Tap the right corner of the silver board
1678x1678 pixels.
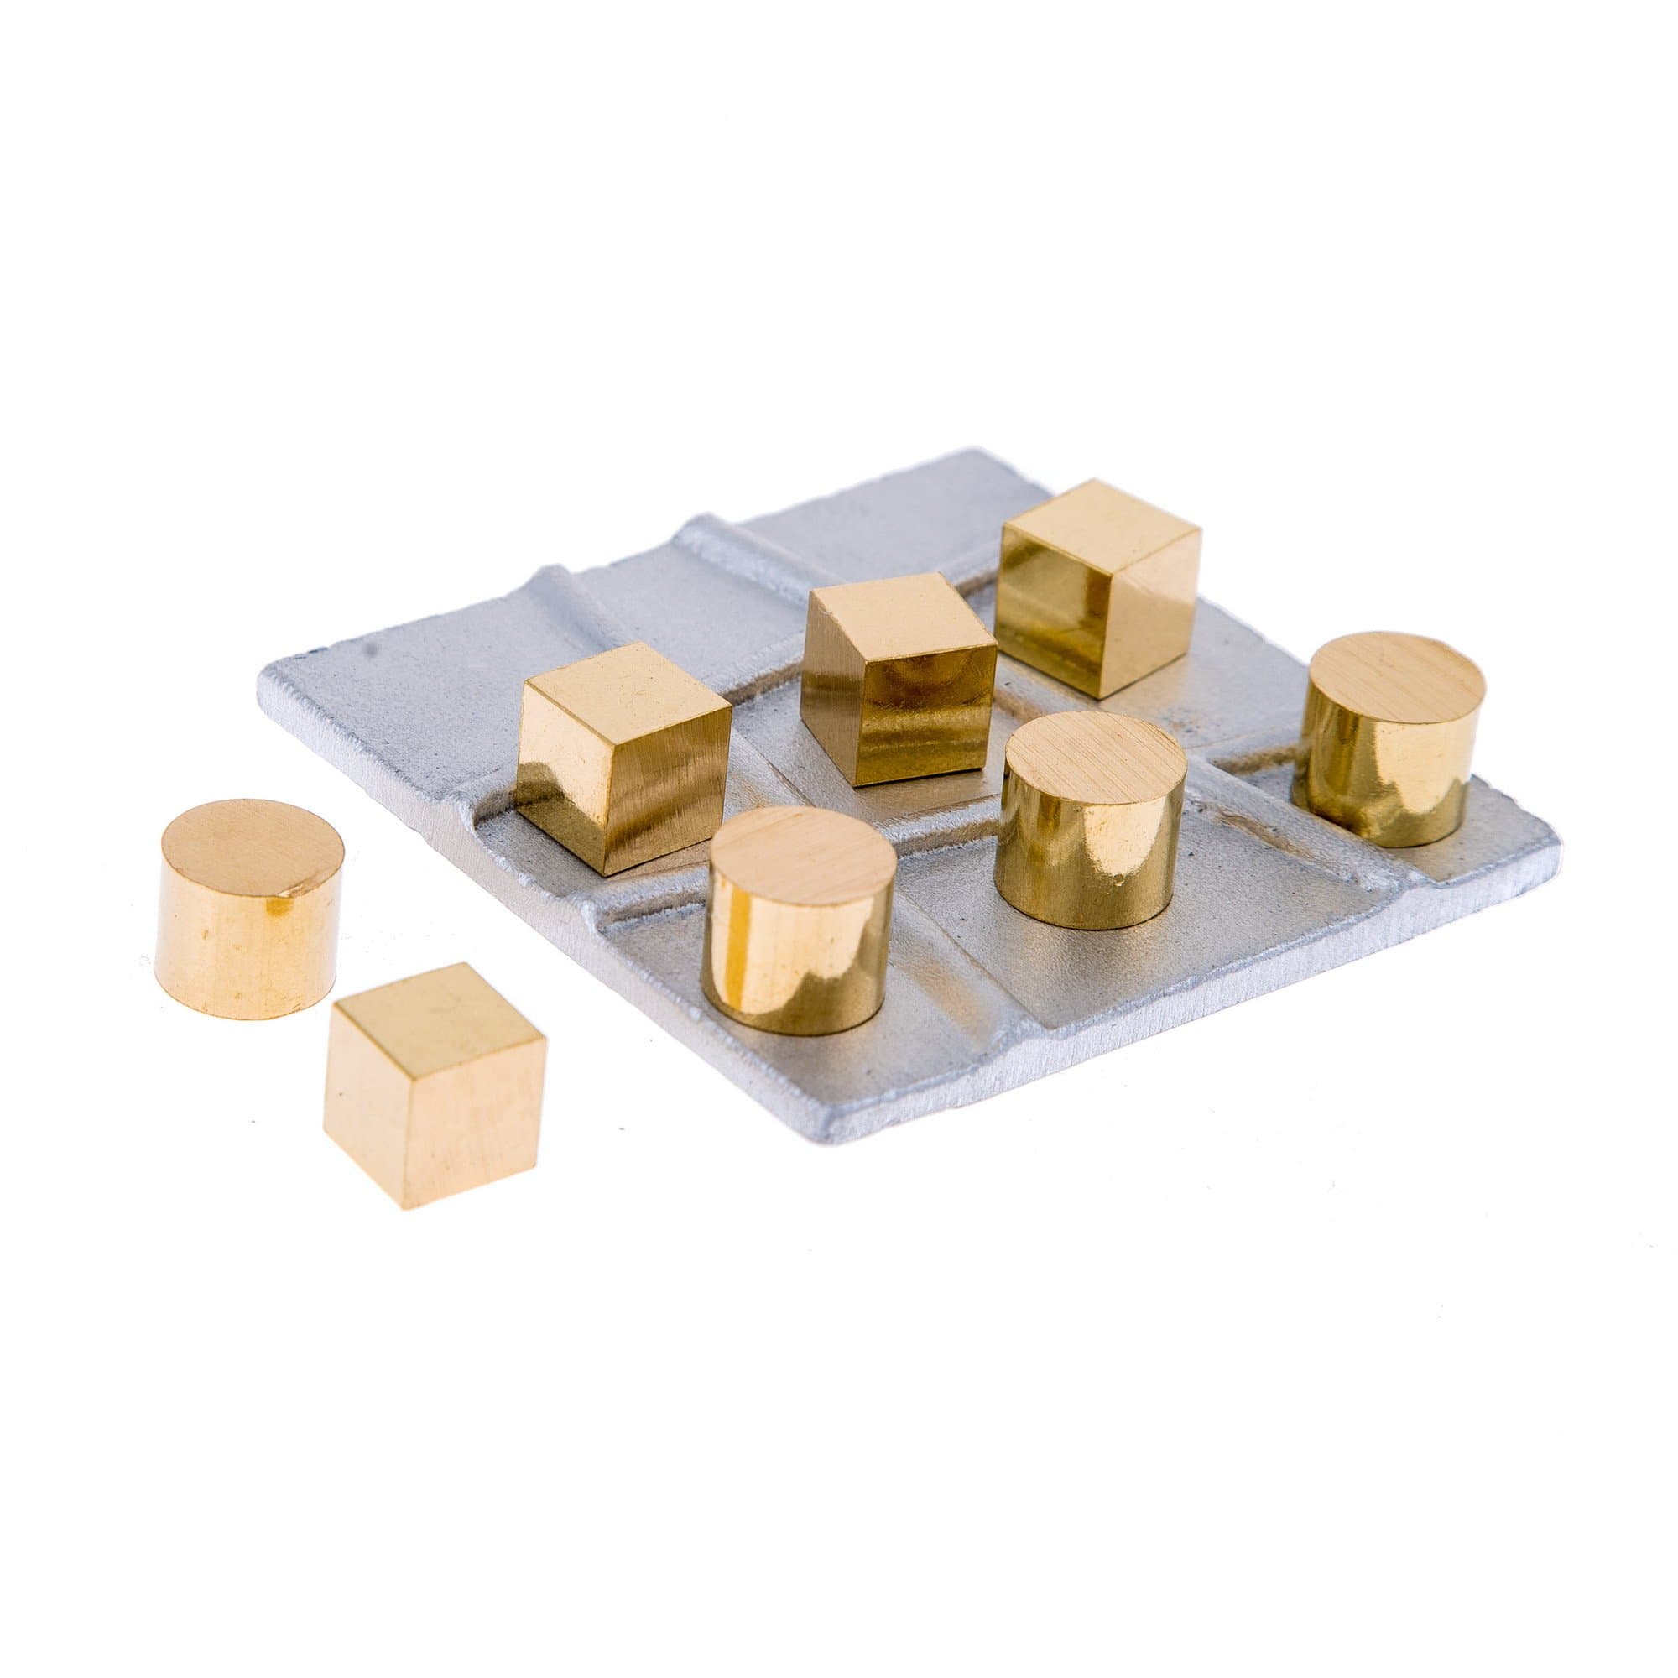click(x=1553, y=856)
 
